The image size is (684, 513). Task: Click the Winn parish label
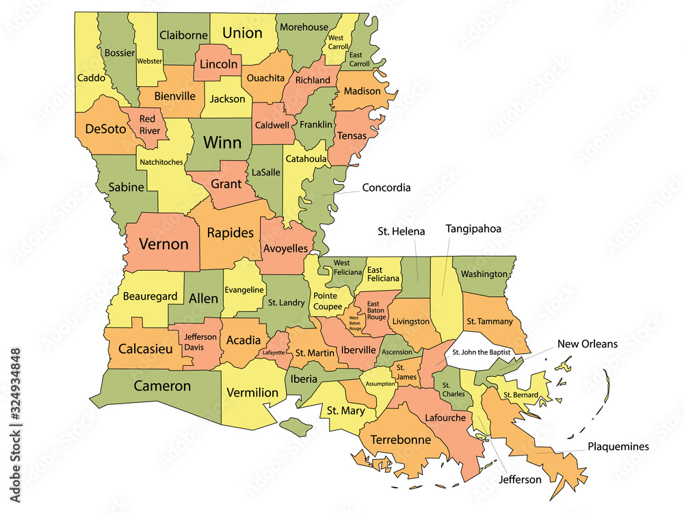click(x=222, y=142)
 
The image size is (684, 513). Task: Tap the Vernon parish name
click(x=163, y=244)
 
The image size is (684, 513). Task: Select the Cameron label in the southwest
click(x=162, y=386)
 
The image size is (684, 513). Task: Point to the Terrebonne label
click(x=401, y=440)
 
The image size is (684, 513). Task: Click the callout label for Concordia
click(x=386, y=187)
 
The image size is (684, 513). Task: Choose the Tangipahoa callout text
click(x=474, y=228)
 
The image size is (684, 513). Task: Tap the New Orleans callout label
click(x=587, y=343)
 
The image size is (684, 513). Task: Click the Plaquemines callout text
click(x=618, y=447)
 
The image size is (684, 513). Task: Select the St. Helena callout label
click(x=401, y=231)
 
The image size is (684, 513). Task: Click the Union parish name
click(x=243, y=33)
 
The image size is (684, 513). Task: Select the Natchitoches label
click(x=161, y=162)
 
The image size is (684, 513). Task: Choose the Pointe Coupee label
click(x=329, y=301)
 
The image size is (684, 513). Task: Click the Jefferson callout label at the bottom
click(x=519, y=479)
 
